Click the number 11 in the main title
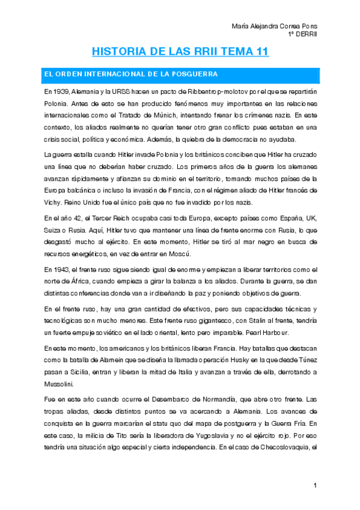click(x=261, y=52)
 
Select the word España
click(x=276, y=217)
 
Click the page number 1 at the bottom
click(x=314, y=485)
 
